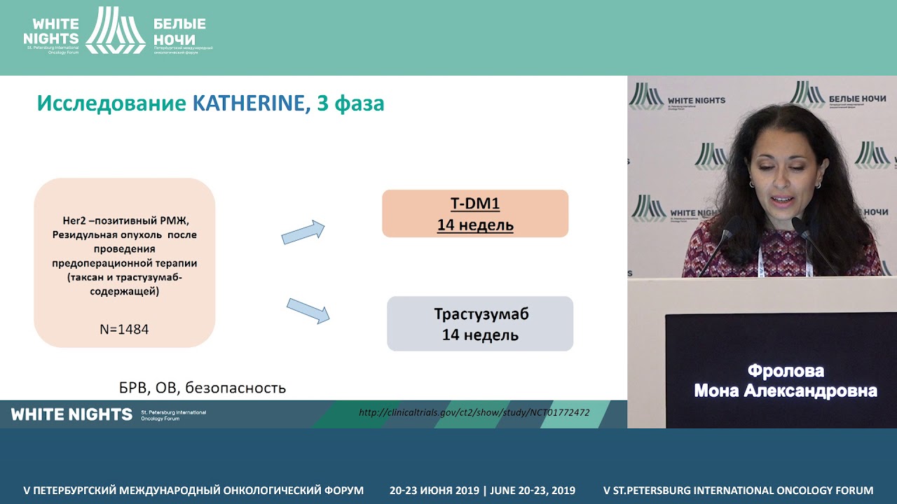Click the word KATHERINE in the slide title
click(248, 104)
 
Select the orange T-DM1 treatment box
click(474, 213)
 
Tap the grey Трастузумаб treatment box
click(480, 323)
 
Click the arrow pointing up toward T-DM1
click(303, 232)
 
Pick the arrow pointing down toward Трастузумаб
click(308, 310)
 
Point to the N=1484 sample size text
click(124, 328)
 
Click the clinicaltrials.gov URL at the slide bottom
click(474, 413)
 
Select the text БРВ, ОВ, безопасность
click(202, 387)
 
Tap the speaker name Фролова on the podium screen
click(786, 371)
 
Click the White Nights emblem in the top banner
click(116, 31)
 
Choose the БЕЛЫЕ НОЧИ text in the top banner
click(179, 31)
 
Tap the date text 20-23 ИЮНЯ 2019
click(434, 491)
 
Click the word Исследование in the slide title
click(112, 104)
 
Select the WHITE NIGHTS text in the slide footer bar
click(71, 414)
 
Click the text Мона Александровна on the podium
click(786, 391)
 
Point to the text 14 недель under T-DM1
click(475, 225)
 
